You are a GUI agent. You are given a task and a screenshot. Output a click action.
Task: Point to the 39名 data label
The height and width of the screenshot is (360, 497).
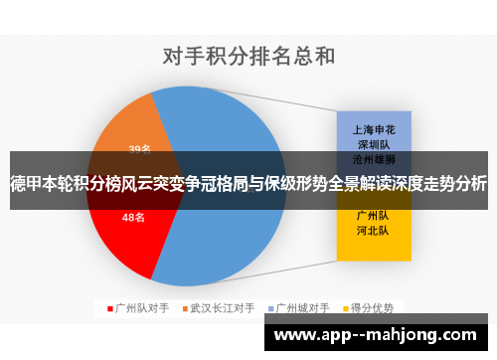[139, 150]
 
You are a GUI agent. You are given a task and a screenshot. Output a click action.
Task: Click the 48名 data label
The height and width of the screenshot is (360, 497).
[134, 217]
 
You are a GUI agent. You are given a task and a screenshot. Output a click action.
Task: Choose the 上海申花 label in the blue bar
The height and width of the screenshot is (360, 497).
[373, 130]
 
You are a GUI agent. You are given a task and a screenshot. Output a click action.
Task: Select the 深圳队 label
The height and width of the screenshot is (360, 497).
[373, 144]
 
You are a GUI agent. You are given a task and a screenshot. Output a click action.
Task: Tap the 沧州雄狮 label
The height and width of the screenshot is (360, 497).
[373, 158]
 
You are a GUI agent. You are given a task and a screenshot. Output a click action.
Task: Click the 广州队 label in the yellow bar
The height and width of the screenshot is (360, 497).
[373, 214]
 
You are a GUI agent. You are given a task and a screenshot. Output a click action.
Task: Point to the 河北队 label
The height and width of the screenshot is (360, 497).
[373, 230]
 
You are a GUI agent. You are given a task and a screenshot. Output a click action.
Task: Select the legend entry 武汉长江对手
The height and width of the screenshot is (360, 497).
[223, 308]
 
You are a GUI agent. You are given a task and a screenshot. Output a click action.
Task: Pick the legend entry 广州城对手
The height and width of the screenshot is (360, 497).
[303, 308]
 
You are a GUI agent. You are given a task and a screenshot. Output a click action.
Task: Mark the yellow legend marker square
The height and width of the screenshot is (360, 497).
[349, 308]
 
